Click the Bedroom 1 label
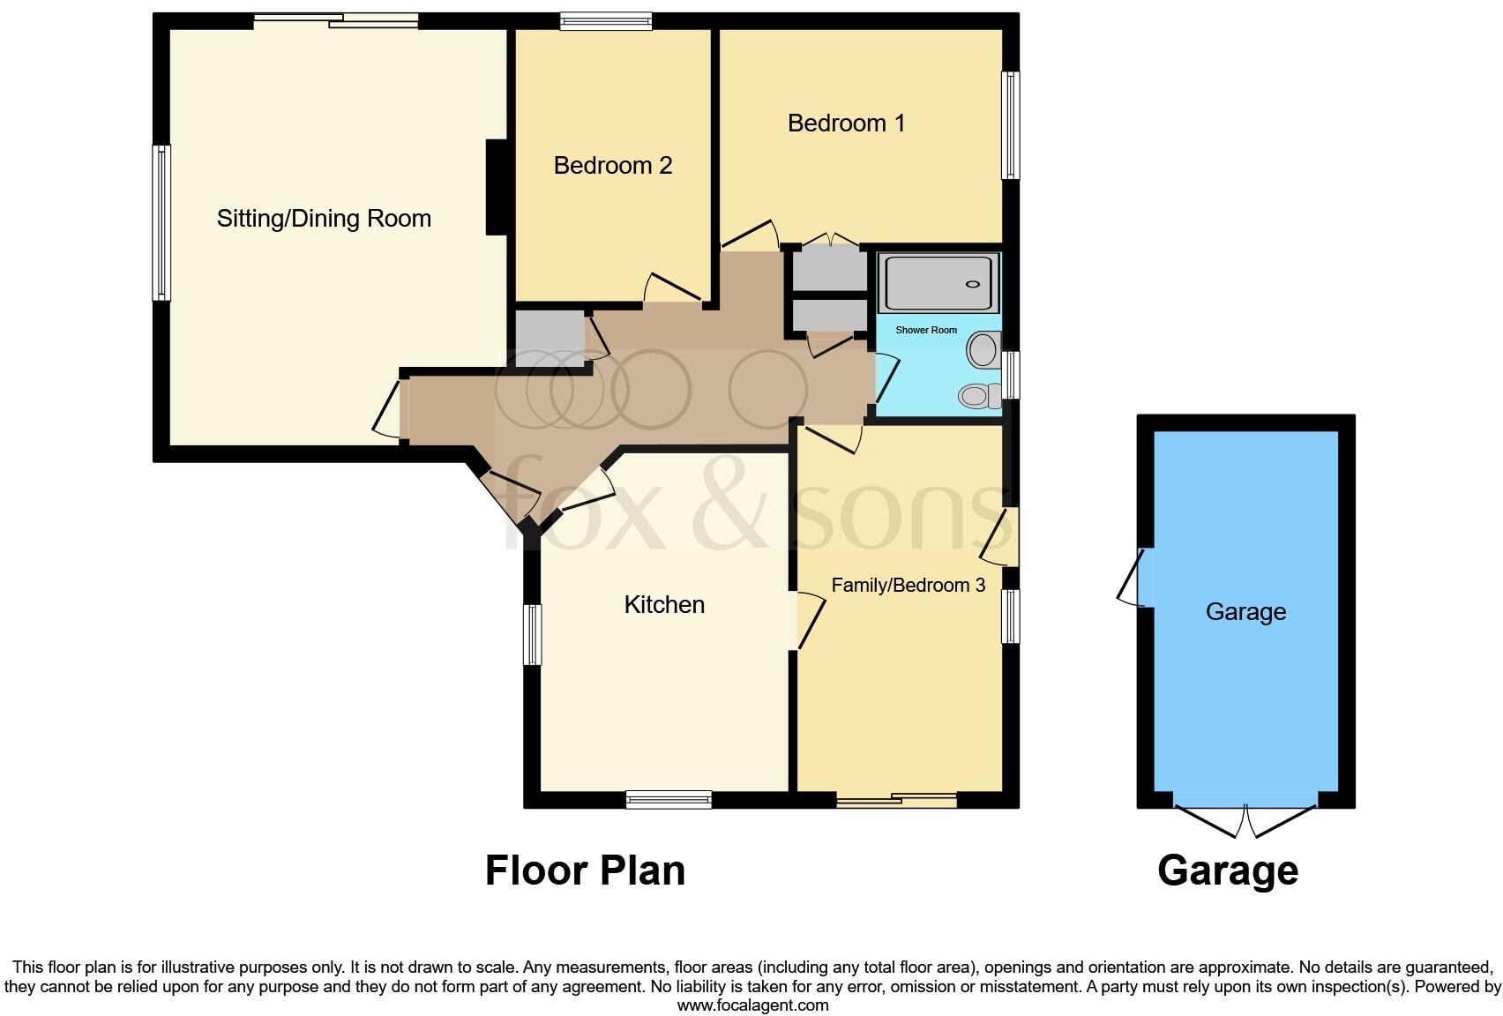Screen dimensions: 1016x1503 coord(846,123)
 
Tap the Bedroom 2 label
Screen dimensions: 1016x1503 coord(613,166)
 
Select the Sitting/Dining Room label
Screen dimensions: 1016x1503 coord(324,219)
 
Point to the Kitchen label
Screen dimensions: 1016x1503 coord(664,605)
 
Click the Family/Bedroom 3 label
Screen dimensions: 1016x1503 coord(908,586)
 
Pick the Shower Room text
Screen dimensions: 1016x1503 coord(926,330)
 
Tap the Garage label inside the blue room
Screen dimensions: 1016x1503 coord(1245,612)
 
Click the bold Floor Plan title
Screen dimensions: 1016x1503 coord(585,870)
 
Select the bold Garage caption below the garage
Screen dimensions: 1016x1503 coord(1227,870)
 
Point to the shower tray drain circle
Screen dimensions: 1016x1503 coord(973,284)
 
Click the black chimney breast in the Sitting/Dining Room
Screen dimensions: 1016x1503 coord(497,187)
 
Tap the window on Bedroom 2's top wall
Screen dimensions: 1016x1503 coord(606,21)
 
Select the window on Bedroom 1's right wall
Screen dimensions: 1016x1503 coord(1011,125)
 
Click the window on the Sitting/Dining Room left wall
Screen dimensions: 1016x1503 coord(161,222)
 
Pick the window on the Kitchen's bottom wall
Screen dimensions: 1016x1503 coord(669,800)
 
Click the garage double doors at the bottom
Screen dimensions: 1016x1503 coord(1245,818)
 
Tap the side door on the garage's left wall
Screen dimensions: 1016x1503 coord(1133,578)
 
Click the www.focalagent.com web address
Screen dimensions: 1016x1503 coord(752,1005)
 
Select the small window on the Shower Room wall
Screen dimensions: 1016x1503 coord(1012,376)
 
